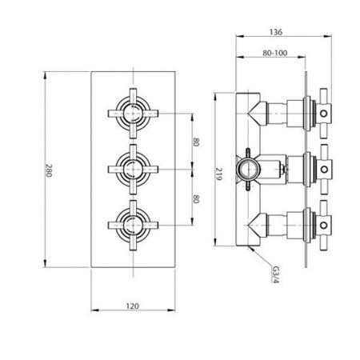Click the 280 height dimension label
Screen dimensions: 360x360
click(49, 171)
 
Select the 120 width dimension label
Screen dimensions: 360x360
click(134, 305)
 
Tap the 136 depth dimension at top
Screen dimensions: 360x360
click(277, 33)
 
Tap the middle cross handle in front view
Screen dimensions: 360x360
click(132, 169)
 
